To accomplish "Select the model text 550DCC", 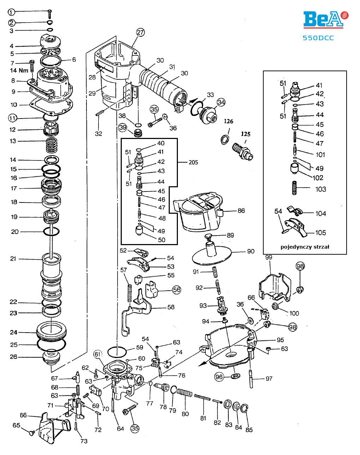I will tap(318, 38).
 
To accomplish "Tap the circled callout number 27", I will tap(140, 32).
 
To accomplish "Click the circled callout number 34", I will tap(221, 102).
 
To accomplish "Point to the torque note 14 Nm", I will tap(19, 71).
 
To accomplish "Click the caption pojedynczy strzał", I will tap(305, 247).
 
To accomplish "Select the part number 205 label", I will tap(193, 162).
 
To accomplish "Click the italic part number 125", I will tap(246, 134).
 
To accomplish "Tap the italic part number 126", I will tap(228, 121).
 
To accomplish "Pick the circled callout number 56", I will tap(176, 290).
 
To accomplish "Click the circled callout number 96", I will tap(219, 377).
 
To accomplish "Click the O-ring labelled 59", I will tap(116, 351).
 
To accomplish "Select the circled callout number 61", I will tap(98, 354).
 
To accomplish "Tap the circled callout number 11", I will tap(12, 118).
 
